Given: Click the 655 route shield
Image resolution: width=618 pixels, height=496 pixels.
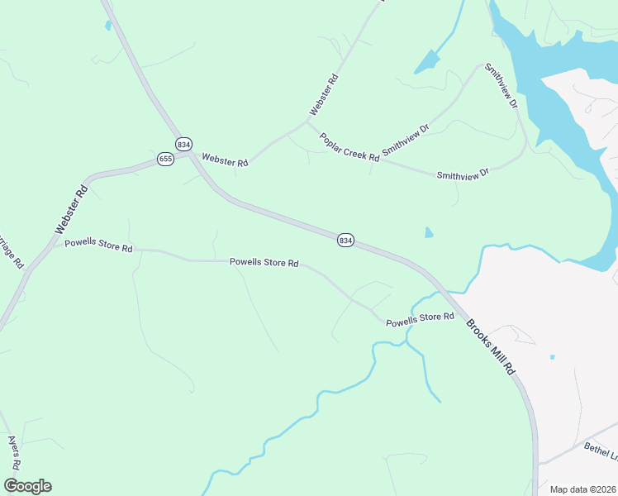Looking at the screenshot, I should pos(165,159).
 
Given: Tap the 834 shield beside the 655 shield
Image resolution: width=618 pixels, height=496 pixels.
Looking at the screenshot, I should pos(183,144).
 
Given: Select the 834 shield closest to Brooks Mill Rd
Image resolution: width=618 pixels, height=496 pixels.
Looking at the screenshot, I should pos(345,240).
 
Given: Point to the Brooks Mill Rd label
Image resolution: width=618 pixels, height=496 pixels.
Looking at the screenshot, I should pos(490,348).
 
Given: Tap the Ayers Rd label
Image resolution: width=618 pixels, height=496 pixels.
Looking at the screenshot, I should pos(14,452).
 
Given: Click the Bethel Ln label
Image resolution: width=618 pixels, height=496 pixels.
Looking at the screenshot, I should pos(601,451).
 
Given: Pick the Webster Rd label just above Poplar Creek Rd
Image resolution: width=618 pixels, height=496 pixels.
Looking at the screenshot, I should pos(324,95).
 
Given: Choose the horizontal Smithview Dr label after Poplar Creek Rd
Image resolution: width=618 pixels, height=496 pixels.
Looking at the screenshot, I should pos(463,174).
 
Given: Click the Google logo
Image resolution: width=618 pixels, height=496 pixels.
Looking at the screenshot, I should pos(27,486).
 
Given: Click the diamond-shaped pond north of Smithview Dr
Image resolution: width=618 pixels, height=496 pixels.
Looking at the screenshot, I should pos(426,61).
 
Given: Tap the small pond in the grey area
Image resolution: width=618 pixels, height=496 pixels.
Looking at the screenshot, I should pos(552,357).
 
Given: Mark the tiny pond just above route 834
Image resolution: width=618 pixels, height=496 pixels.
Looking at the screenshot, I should pos(428,233).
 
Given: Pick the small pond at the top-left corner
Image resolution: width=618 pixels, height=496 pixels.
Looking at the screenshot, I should pos(108,26).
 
